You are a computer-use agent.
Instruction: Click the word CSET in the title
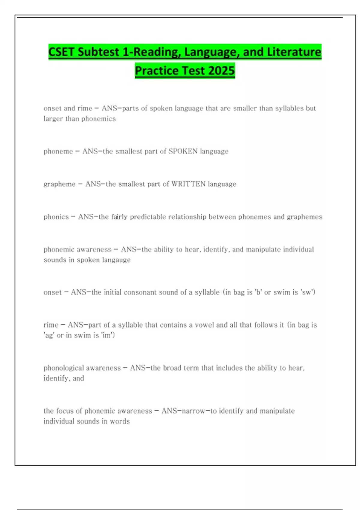[61, 52]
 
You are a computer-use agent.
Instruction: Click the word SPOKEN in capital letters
[183, 151]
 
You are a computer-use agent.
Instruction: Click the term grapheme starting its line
[59, 184]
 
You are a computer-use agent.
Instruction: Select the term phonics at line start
[56, 217]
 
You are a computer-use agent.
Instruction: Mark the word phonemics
[98, 119]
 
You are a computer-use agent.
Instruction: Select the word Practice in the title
[157, 71]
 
